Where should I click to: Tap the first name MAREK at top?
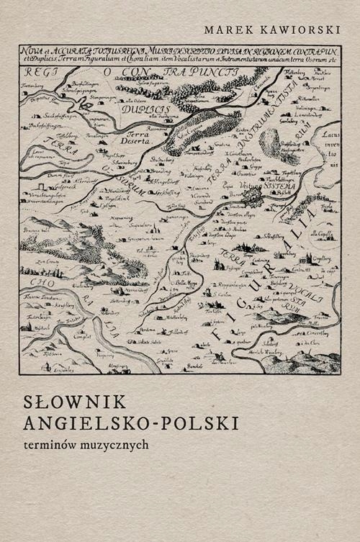[x=226, y=29]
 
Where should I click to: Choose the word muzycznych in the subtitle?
[x=118, y=443]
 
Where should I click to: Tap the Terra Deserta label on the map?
[x=140, y=138]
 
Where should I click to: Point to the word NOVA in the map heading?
[x=30, y=50]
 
